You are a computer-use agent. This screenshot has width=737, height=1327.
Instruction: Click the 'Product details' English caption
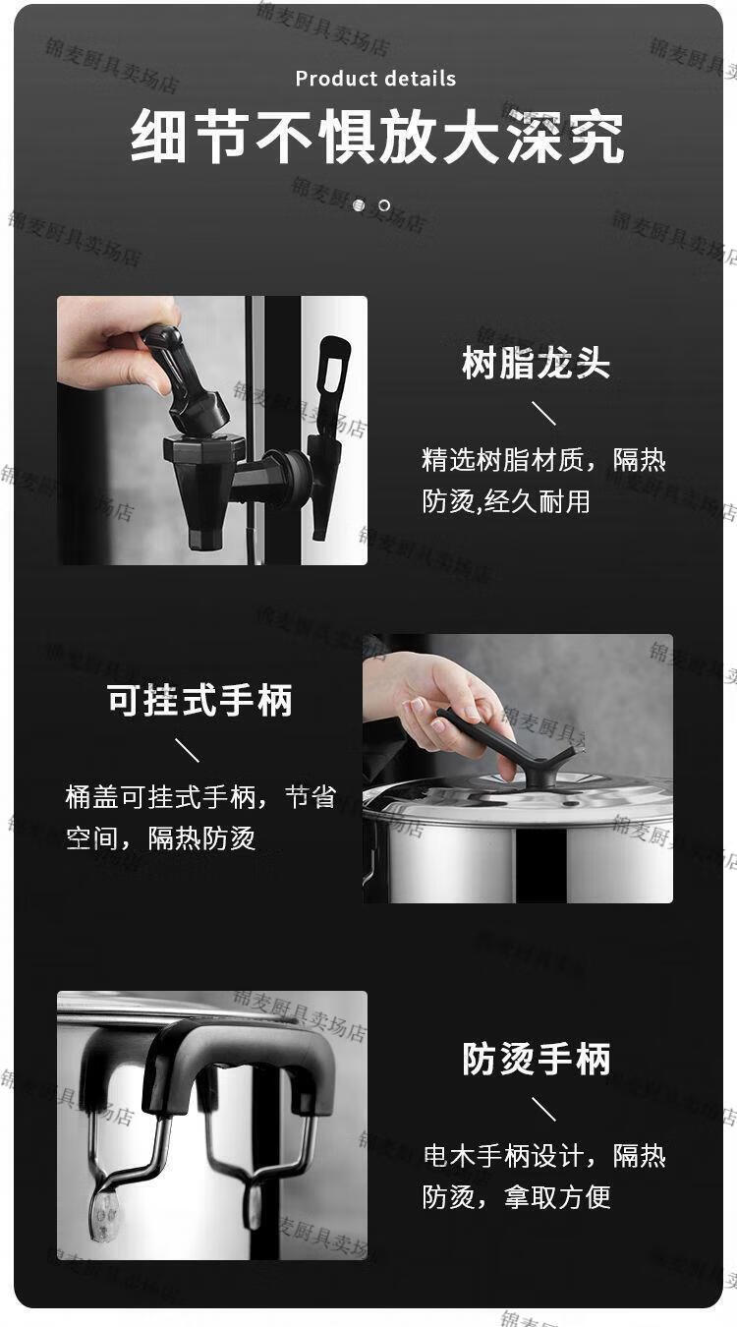375,79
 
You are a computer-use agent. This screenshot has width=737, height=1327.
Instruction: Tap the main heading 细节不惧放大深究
376,137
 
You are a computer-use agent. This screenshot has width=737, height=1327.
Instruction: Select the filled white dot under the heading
359,205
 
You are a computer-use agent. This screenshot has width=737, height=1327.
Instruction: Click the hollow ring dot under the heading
384,205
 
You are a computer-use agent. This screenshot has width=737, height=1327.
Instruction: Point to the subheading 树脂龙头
536,363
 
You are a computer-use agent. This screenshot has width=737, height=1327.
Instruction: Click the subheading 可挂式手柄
199,700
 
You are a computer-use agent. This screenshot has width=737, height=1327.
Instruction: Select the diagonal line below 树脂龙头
543,413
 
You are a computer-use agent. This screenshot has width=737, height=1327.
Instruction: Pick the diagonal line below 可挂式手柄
187,749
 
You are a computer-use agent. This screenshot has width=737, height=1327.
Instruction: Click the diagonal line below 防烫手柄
543,1109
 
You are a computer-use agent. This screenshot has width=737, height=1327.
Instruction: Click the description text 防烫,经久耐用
506,501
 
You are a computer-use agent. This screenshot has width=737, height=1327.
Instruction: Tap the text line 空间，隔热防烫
160,838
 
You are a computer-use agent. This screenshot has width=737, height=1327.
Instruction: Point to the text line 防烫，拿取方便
516,1196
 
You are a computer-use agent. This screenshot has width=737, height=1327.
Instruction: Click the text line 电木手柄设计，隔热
544,1155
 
